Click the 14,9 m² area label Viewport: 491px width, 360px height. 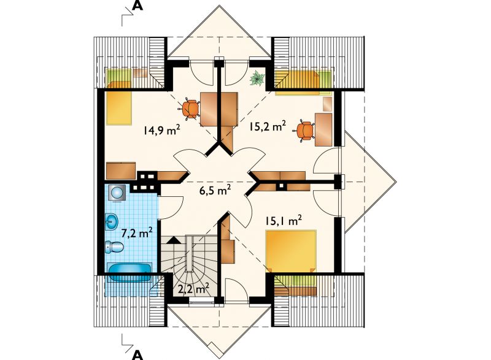coord(161,129)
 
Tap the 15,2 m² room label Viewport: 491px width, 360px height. coord(268,126)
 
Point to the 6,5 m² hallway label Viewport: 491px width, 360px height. coord(215,190)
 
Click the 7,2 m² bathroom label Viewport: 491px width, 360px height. coord(137,232)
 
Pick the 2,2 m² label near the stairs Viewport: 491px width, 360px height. coord(193,289)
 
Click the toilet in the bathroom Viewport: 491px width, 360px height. coord(114,246)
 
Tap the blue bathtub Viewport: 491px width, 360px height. coord(130,272)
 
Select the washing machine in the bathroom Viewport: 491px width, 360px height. coord(117,193)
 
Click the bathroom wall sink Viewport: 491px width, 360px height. coord(112,221)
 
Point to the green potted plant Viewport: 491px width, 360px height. coord(257,78)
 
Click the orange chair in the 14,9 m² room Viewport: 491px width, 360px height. coord(190,109)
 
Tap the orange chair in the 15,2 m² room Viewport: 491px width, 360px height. coord(304,131)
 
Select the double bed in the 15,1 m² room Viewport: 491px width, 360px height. coord(291,251)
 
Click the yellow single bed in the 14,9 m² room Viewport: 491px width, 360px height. coord(118,108)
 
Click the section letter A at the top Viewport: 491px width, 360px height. coord(137,6)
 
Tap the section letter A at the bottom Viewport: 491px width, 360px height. coord(137,354)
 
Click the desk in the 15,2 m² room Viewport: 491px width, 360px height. coord(323,130)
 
